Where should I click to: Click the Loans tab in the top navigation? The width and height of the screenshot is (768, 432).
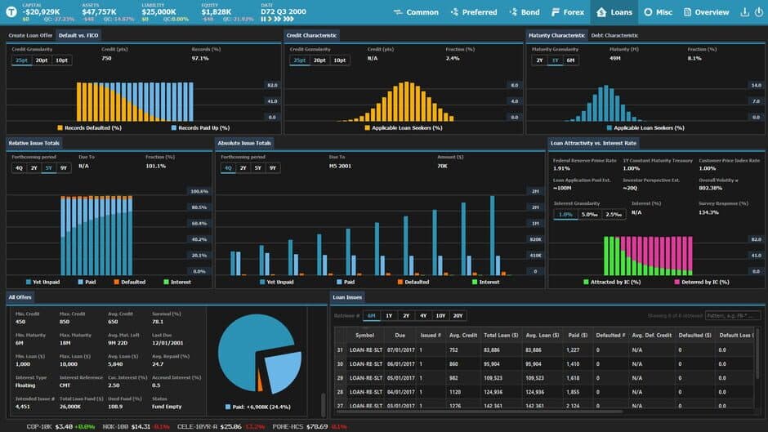[x=614, y=12]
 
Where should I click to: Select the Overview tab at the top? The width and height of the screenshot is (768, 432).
[x=706, y=12]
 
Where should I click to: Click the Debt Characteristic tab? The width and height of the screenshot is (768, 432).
[x=614, y=36]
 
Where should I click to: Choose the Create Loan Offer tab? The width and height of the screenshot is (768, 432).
[x=30, y=36]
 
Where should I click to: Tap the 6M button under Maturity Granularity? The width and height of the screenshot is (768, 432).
[x=570, y=60]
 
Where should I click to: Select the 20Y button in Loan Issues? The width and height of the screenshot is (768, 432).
[x=458, y=315]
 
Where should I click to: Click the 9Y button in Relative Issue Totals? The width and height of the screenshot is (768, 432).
[x=64, y=167]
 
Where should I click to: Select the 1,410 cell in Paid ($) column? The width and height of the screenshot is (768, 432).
[x=573, y=363]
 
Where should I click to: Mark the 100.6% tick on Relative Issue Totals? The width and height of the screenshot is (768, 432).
[x=199, y=191]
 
